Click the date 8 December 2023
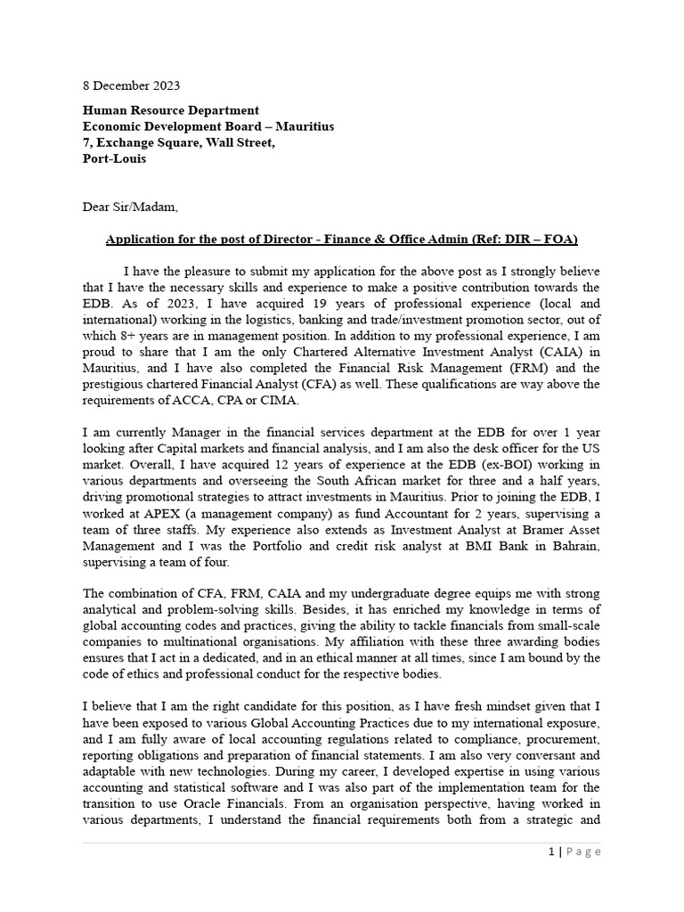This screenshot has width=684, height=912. pos(131,86)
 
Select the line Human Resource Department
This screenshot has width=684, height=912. pos(170,110)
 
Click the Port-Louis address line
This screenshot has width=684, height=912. pos(114,159)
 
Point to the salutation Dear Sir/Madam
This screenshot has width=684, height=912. pos(130,208)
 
